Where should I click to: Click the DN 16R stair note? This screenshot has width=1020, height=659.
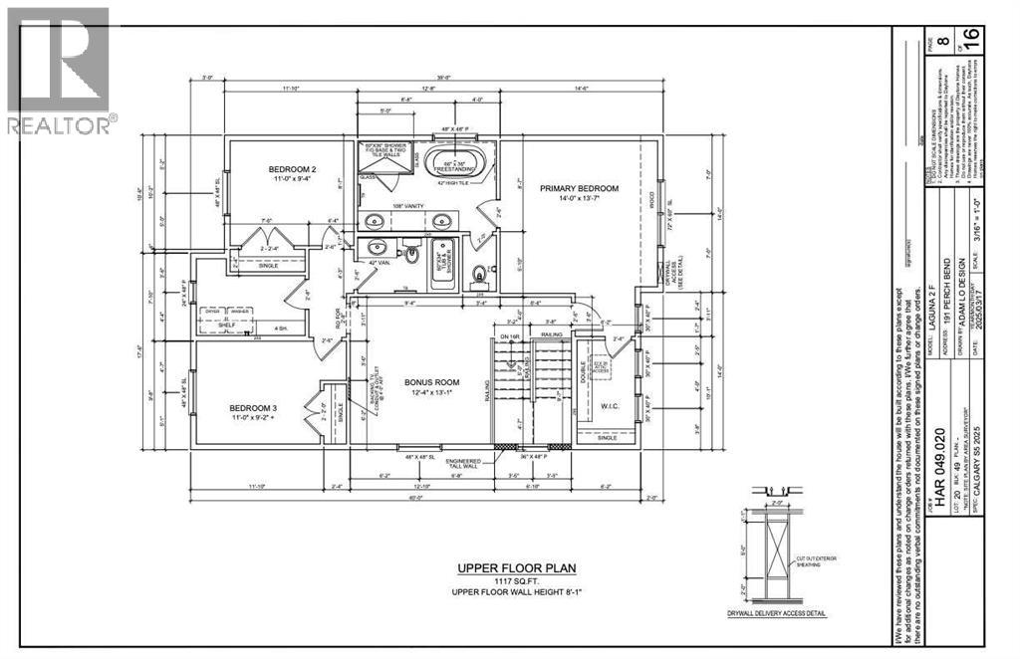coord(509,337)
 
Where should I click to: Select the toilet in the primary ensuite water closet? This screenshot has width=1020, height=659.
coord(481,272)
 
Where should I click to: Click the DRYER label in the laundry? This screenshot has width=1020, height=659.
coord(211,312)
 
